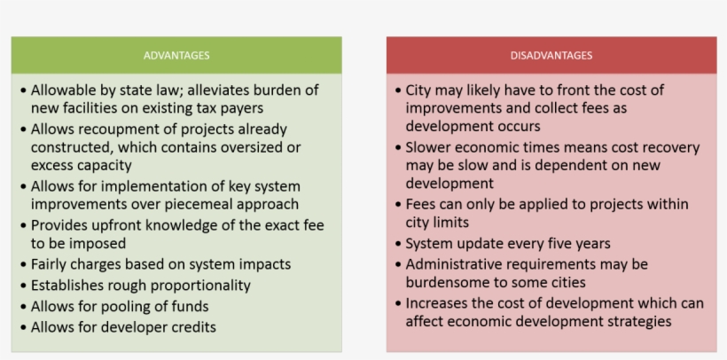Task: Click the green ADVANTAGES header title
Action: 176,56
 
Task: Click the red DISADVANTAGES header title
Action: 551,56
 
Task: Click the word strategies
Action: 638,321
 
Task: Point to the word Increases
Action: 439,303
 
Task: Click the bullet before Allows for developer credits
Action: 23,327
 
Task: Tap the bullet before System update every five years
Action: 398,243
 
